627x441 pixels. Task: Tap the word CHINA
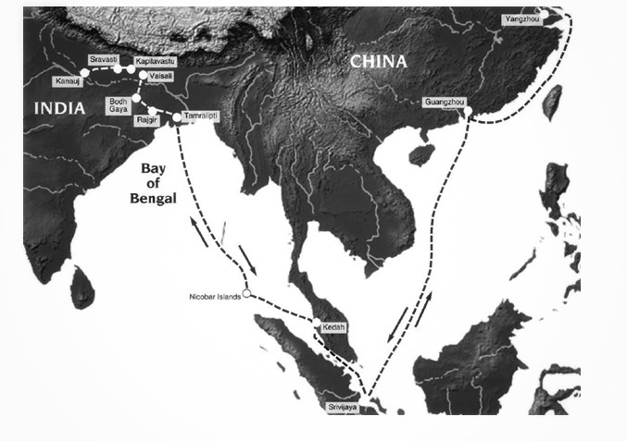(378, 61)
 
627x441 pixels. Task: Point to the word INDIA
(59, 108)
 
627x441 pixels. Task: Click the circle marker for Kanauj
(84, 71)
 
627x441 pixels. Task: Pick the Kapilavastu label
(152, 59)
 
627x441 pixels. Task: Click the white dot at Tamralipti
(176, 117)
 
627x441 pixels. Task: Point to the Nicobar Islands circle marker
(246, 296)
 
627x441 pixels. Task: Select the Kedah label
(332, 328)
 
